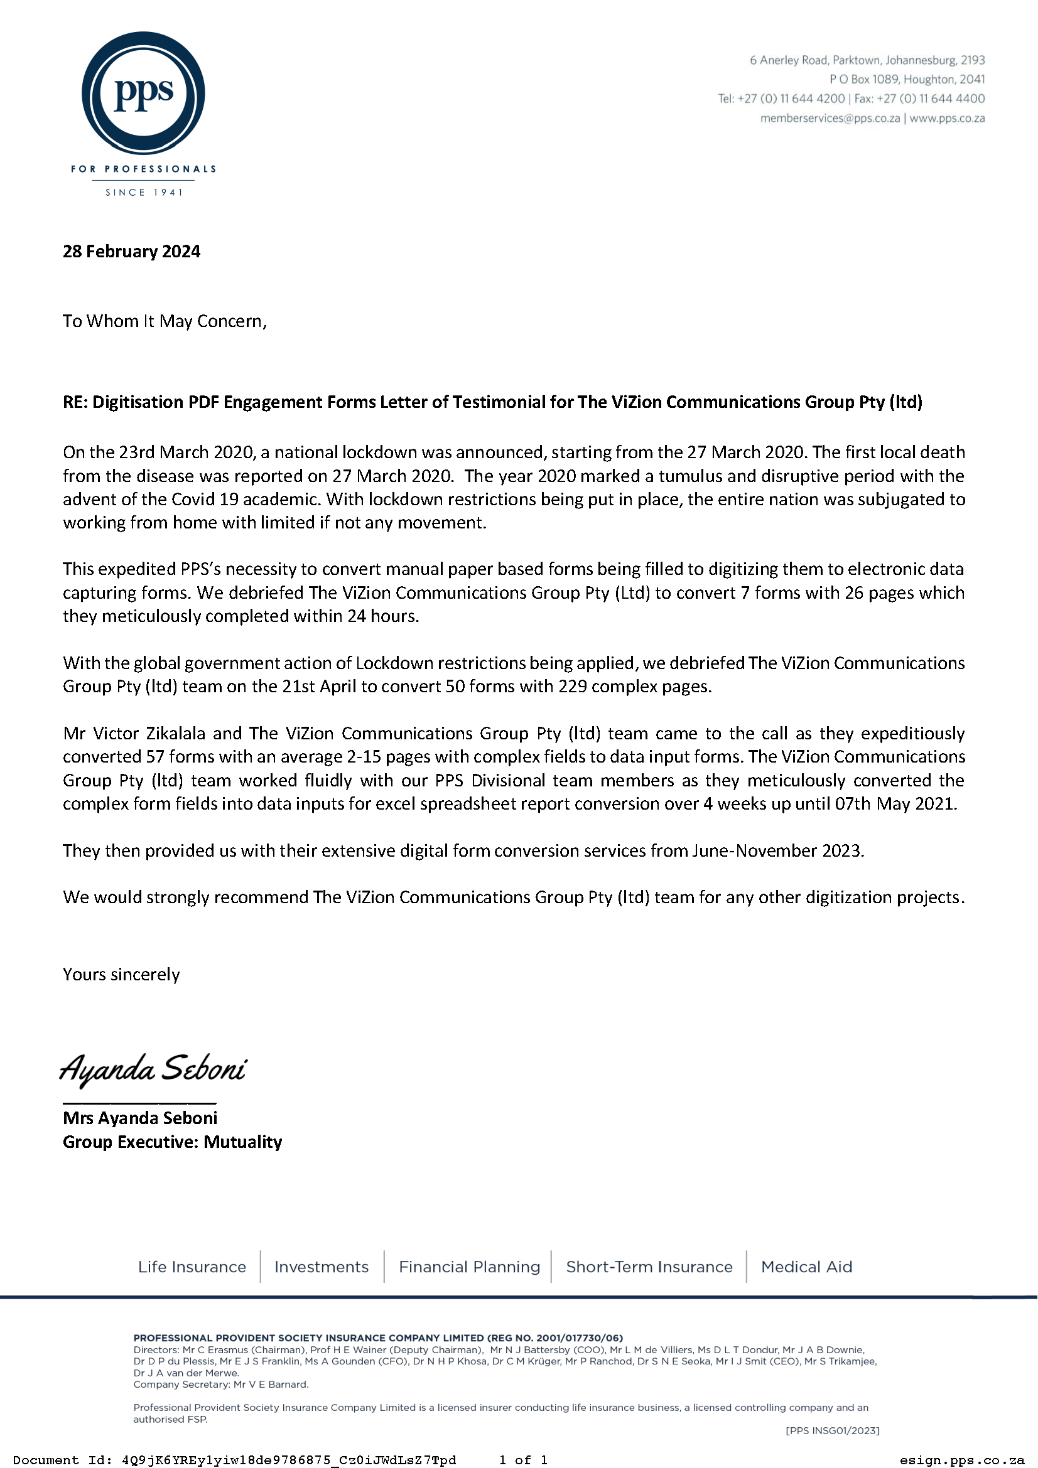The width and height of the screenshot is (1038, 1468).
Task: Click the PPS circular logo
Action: pyautogui.click(x=143, y=94)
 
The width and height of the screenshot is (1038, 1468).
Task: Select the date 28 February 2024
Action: pyautogui.click(x=131, y=251)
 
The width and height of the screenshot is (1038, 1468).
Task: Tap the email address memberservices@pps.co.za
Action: pyautogui.click(x=830, y=118)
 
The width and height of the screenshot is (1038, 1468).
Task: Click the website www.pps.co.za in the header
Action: pyautogui.click(x=947, y=118)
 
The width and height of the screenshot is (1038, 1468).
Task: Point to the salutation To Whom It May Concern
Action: pyautogui.click(x=165, y=321)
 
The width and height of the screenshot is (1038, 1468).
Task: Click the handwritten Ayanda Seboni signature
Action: pyautogui.click(x=153, y=1068)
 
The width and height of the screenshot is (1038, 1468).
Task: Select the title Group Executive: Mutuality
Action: pyautogui.click(x=172, y=1142)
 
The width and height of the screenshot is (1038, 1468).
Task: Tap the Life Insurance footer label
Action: pyautogui.click(x=192, y=1267)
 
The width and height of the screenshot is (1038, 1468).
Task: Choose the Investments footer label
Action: pyautogui.click(x=322, y=1267)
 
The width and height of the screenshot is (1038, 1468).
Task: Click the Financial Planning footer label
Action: pyautogui.click(x=470, y=1267)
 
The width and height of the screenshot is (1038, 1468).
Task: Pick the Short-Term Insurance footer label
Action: pyautogui.click(x=649, y=1267)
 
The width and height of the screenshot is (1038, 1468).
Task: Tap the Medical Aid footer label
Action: pyautogui.click(x=806, y=1267)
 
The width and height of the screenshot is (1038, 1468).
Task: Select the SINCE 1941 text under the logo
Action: pyautogui.click(x=144, y=193)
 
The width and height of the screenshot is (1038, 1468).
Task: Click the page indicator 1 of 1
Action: pyautogui.click(x=523, y=1460)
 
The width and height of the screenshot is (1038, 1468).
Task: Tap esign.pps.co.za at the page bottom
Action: pyautogui.click(x=961, y=1460)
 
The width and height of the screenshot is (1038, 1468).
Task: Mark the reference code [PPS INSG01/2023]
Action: pyautogui.click(x=832, y=1430)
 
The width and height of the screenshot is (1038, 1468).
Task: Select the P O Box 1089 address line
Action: pyautogui.click(x=907, y=79)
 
